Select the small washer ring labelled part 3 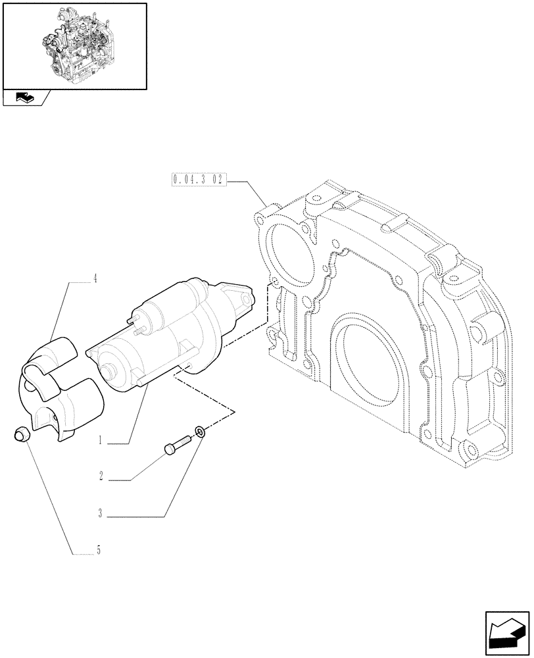(x=199, y=432)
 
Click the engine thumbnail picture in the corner (x=74, y=45)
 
